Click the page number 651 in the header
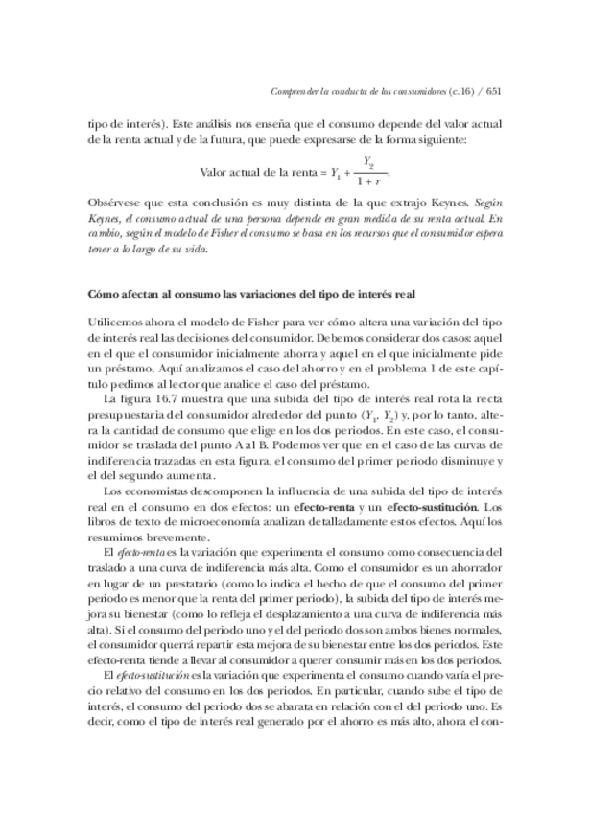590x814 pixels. pos(495,92)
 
